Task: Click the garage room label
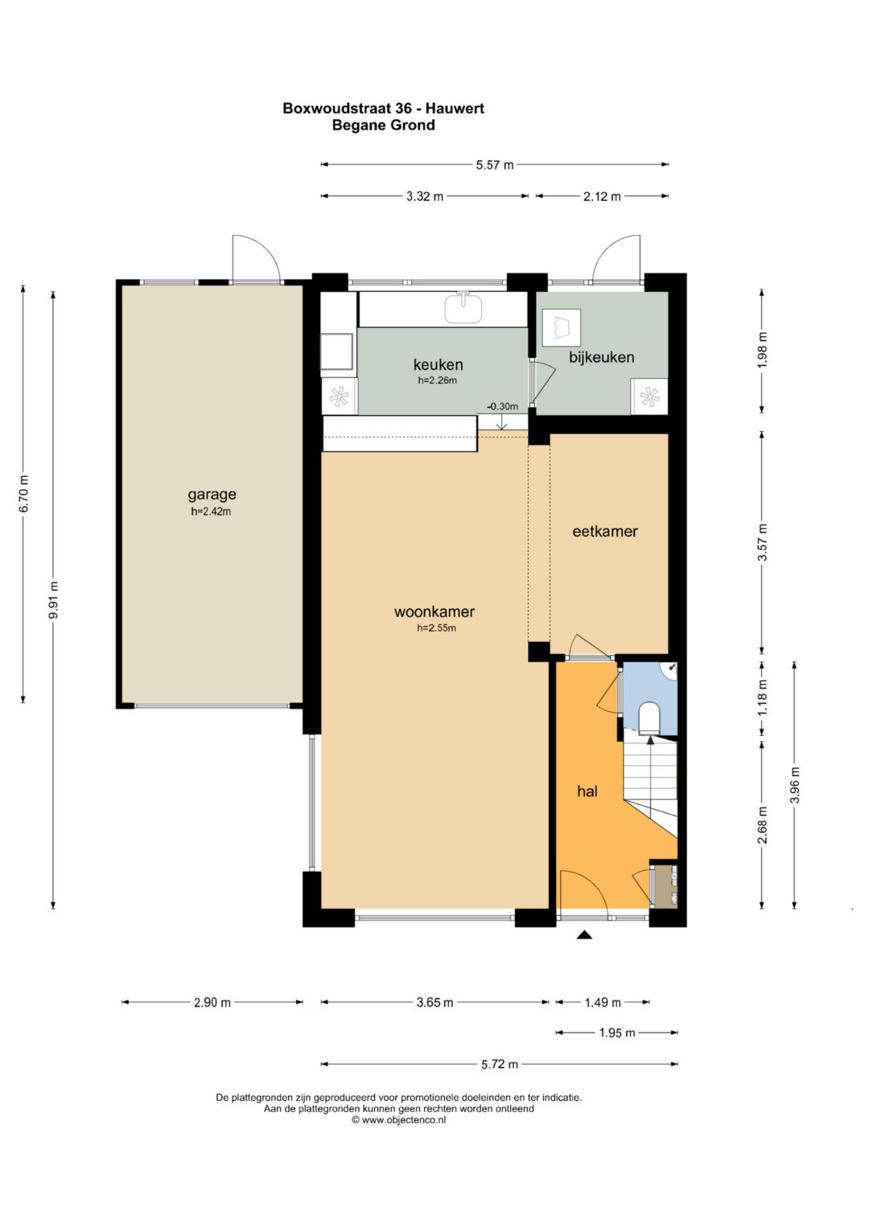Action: pos(212,495)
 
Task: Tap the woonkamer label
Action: pos(434,611)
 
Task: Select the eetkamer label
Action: pos(605,532)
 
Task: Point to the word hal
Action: pos(587,791)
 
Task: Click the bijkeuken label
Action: pos(601,357)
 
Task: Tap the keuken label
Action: pos(438,364)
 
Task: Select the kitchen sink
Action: pos(463,308)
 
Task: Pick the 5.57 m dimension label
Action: pos(495,165)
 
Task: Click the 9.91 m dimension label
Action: pos(54,599)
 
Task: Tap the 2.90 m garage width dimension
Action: pos(212,1004)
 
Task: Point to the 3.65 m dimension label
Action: pos(434,1004)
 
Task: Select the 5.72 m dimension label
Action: pos(499,1065)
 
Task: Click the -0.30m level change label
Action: pos(502,407)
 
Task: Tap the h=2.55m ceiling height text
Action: pos(437,628)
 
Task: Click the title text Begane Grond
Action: pos(384,125)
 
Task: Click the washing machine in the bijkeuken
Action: pos(562,327)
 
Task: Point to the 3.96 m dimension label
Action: pos(795,785)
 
